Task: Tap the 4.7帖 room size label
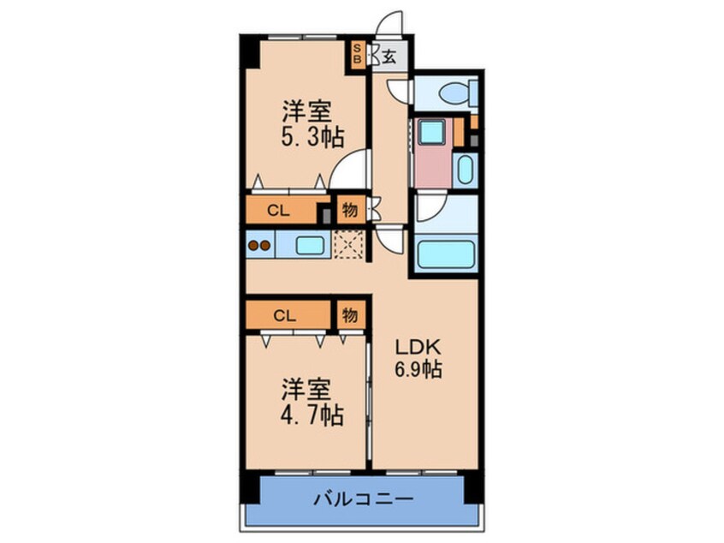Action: [x=313, y=415]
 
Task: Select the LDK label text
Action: [x=418, y=348]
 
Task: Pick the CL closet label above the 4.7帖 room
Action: [x=285, y=314]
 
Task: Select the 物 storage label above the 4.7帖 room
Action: [x=350, y=314]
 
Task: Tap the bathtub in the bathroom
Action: [x=444, y=254]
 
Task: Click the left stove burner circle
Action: [x=253, y=246]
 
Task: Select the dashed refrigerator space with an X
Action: [x=348, y=244]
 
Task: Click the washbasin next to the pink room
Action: [x=465, y=169]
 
